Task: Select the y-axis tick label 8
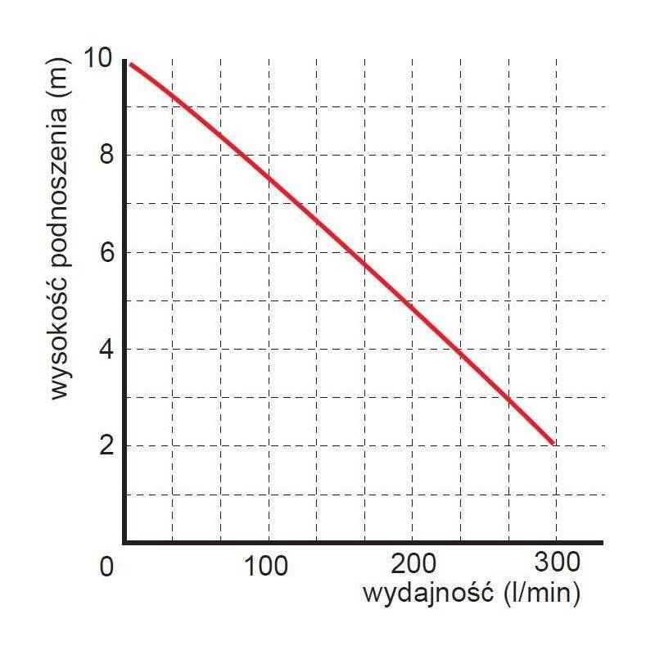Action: [x=106, y=156]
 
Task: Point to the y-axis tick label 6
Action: [x=106, y=252]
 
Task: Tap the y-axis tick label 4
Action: [x=106, y=350]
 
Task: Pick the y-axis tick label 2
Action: [x=106, y=446]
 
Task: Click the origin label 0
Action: [x=106, y=567]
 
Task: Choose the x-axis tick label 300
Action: [x=557, y=562]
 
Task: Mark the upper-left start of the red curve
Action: [x=130, y=63]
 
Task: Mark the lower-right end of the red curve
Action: [x=554, y=443]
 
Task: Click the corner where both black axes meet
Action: [x=124, y=542]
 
